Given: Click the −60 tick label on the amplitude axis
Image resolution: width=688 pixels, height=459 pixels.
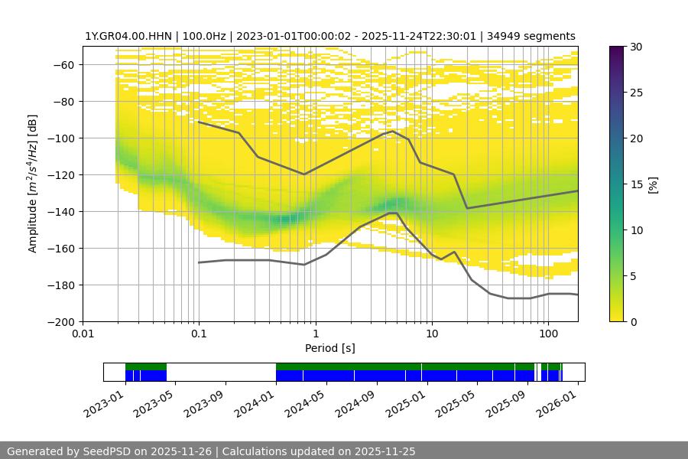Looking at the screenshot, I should pos(63,64).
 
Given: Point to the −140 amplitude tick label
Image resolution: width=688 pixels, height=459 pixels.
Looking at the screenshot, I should pos(60,211).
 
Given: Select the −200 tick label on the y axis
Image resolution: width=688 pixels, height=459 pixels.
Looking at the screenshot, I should pos(60,321).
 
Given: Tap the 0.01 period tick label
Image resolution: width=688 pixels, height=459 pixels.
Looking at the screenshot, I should pos(83,334).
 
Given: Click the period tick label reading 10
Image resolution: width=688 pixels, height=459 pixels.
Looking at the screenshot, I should pos(431,334).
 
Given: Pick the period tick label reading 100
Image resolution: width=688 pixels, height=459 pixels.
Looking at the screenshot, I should pos(547,334).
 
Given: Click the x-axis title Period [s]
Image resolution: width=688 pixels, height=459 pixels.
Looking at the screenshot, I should pos(329,348).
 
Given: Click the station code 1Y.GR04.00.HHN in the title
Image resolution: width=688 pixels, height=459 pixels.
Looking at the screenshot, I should pos(130,36).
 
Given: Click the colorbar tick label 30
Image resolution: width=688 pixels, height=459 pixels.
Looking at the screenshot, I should pos(636,47).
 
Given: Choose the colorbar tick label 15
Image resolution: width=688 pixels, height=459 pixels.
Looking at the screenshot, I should pos(636,184).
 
